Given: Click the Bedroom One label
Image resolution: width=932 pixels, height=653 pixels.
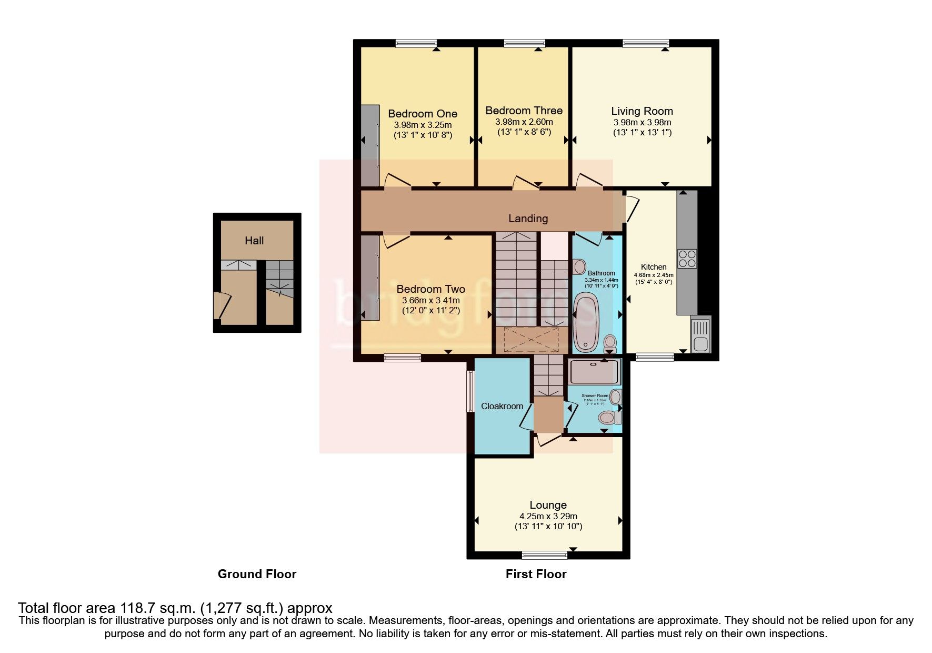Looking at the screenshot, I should point(422,114).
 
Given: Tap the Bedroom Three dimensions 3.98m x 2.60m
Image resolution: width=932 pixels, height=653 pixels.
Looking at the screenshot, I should point(524,122).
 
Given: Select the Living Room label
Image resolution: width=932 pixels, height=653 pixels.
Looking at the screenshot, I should point(642,111).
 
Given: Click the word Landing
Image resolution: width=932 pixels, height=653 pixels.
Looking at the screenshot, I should point(528,219).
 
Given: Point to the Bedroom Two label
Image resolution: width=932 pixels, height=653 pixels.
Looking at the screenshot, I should point(430,289).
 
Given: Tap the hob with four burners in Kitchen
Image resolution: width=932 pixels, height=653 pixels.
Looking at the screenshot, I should point(687,259).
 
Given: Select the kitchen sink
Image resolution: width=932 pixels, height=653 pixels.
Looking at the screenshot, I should point(700,335).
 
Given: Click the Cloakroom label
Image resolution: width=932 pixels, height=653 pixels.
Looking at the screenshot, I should point(502,406).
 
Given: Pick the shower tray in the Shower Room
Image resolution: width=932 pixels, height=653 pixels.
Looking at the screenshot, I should point(595,372).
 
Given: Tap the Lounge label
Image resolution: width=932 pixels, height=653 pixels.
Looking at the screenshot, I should point(548,505).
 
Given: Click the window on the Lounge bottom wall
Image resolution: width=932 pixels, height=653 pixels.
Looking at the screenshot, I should point(545,555).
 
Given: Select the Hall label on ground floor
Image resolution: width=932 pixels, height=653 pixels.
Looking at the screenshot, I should point(254,241).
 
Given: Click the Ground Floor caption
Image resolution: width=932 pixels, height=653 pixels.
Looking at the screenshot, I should point(257,574).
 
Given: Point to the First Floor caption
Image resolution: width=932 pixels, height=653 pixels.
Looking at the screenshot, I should point(536,574).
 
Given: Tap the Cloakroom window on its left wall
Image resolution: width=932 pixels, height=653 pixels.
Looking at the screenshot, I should point(471,391).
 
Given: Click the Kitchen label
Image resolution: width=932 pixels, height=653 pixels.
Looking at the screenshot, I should point(654,267).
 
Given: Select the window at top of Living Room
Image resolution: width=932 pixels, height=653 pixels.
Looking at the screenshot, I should point(646,44).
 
